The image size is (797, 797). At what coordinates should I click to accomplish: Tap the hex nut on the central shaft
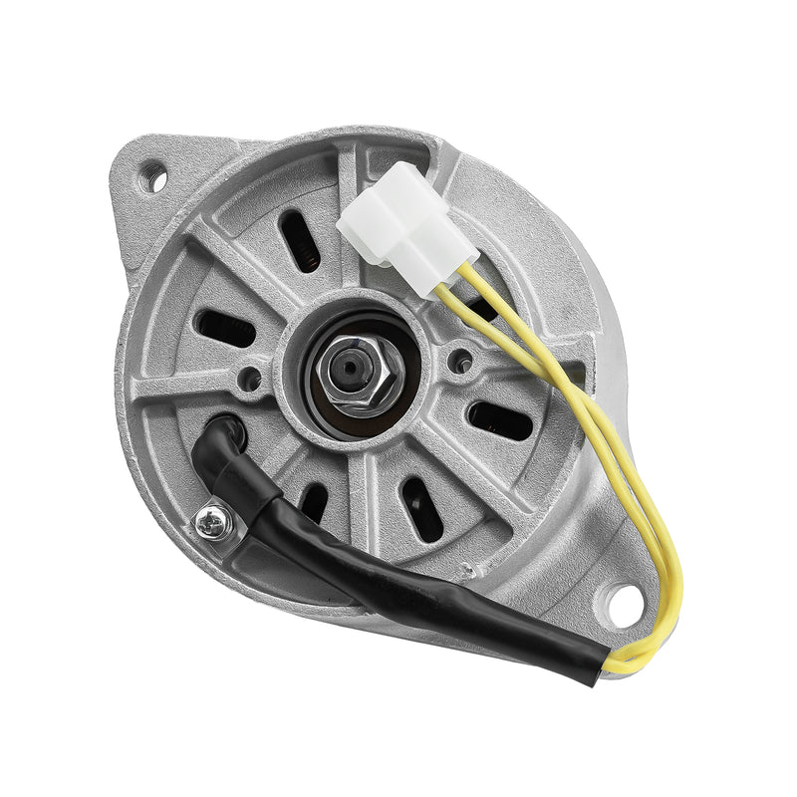(352, 372)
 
